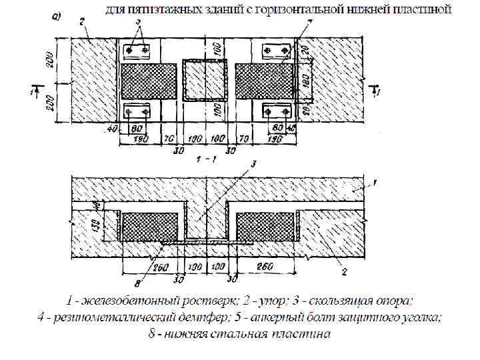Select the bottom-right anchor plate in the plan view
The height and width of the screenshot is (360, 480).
coord(275,110)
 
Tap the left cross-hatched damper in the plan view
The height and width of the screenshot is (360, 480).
coord(148,80)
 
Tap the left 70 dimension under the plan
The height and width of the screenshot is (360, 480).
coord(171,138)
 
